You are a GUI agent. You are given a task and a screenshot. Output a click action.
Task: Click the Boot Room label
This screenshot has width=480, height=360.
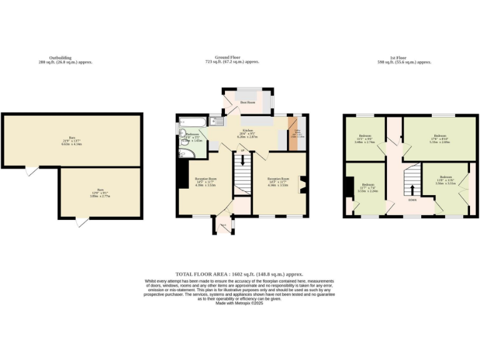click(x=247, y=102)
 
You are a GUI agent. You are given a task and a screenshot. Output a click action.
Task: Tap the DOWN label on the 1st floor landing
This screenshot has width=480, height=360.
click(x=412, y=200)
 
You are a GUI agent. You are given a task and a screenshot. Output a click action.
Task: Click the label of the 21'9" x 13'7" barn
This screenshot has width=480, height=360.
click(x=72, y=140)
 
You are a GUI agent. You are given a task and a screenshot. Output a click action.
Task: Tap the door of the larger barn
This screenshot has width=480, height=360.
click(x=28, y=171)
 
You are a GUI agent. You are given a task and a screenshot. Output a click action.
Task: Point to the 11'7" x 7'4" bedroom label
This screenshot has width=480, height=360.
click(x=369, y=188)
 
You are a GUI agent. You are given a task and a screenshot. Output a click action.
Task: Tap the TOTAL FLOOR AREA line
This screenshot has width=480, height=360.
click(x=239, y=274)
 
